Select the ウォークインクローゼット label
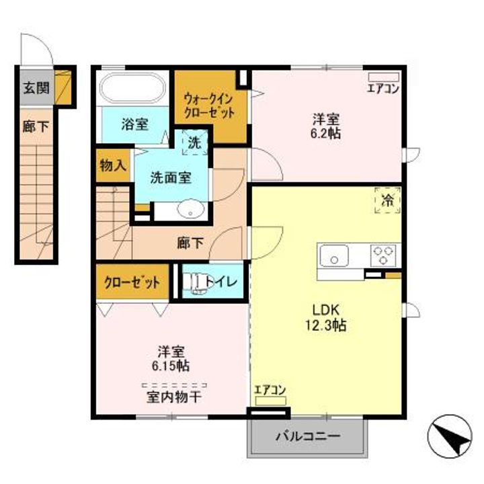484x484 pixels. (210, 106)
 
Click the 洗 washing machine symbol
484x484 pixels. (194, 143)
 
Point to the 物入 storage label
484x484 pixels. (112, 165)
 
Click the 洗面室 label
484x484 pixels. (170, 177)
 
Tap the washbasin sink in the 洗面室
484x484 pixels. (193, 210)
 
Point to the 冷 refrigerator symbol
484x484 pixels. (387, 200)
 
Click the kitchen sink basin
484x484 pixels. (334, 256)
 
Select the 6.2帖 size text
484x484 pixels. (325, 133)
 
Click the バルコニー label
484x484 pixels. (308, 436)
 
